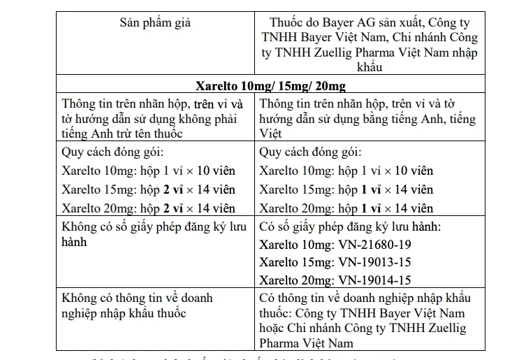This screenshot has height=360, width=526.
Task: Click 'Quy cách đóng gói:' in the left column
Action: (x=112, y=152)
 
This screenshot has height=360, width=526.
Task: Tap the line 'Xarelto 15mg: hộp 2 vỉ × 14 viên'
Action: (x=148, y=189)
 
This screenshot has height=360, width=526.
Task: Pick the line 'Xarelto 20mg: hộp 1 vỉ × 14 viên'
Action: (x=346, y=208)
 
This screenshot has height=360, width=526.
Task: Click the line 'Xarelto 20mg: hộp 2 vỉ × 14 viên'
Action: (x=148, y=208)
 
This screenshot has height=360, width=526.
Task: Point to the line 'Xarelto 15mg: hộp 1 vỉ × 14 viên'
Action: (x=346, y=189)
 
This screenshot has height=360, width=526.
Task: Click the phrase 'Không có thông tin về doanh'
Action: (x=137, y=298)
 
